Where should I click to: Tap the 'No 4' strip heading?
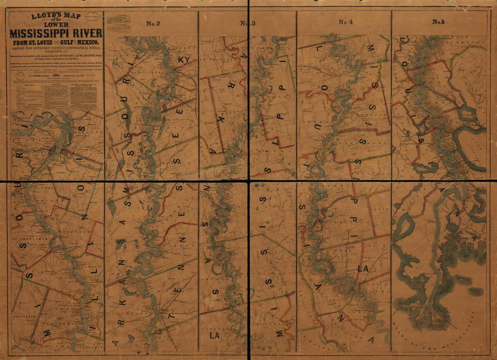(x=346, y=22)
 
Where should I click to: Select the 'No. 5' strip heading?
(x=439, y=22)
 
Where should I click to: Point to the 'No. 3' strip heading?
(x=248, y=24)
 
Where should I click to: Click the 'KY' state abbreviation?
(x=184, y=60)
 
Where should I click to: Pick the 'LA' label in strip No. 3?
(x=215, y=336)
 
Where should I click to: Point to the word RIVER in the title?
(x=86, y=33)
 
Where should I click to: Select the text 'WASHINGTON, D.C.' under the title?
(x=56, y=51)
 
